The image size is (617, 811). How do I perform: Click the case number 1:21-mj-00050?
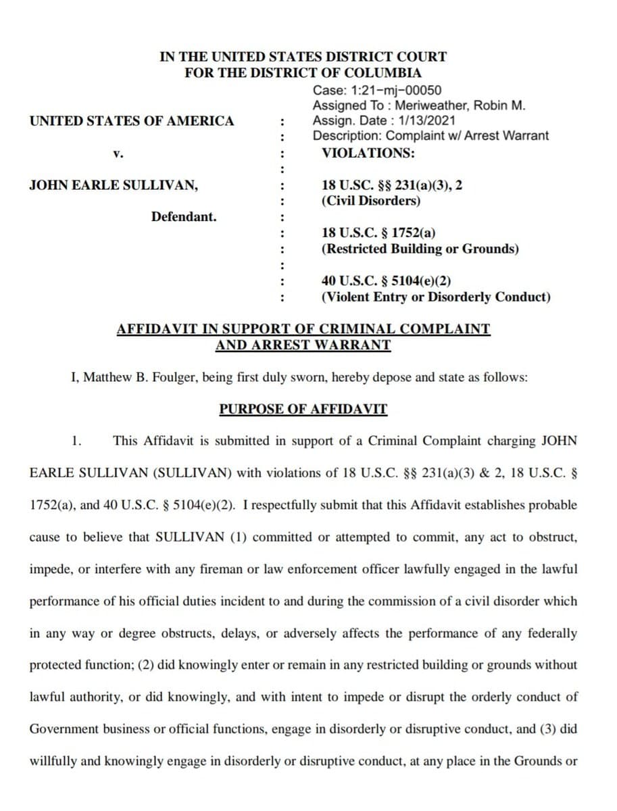pyautogui.click(x=399, y=91)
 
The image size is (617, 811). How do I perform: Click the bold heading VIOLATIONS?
pyautogui.click(x=368, y=153)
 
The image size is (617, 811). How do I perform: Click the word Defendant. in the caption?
pyautogui.click(x=184, y=217)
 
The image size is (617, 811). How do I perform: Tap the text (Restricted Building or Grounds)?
pyautogui.click(x=420, y=249)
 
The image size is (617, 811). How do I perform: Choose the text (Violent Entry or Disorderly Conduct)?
pyautogui.click(x=436, y=297)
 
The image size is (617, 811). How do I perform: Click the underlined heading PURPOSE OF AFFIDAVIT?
pyautogui.click(x=303, y=410)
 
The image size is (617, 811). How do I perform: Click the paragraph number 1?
pyautogui.click(x=77, y=441)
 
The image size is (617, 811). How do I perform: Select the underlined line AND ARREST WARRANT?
pyautogui.click(x=303, y=345)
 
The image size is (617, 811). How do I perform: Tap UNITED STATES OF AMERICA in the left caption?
pyautogui.click(x=132, y=121)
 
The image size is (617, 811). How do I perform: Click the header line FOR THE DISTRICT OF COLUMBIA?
pyautogui.click(x=303, y=73)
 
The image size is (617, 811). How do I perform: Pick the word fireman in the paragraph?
pyautogui.click(x=220, y=569)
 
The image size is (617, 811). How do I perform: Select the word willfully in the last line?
pyautogui.click(x=52, y=761)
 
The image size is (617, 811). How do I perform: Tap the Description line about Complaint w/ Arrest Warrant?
pyautogui.click(x=430, y=135)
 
